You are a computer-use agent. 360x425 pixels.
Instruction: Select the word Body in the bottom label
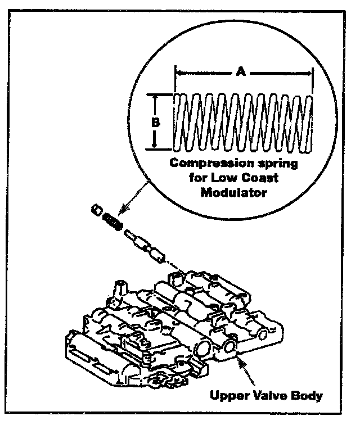point(305,395)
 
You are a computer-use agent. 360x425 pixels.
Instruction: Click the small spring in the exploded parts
point(112,222)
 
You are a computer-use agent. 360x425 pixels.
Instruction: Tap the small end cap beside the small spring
point(96,211)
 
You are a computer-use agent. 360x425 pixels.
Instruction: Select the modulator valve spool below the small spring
point(145,245)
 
